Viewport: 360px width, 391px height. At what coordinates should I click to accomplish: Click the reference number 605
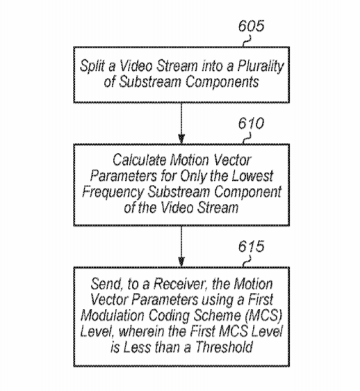click(251, 26)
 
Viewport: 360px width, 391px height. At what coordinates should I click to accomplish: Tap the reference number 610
click(251, 123)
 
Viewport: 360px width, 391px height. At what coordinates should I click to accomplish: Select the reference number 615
click(251, 246)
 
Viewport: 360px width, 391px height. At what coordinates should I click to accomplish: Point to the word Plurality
click(261, 66)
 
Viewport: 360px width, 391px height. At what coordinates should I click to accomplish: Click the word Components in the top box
click(222, 82)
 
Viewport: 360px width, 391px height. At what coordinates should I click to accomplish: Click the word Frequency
click(113, 192)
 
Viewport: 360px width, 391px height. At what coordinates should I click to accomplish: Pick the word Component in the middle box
click(247, 192)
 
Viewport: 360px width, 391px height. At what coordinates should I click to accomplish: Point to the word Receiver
click(181, 285)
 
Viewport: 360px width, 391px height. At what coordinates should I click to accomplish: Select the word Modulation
click(113, 315)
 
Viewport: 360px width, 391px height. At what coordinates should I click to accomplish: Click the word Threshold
click(224, 347)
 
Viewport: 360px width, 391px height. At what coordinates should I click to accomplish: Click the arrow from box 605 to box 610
click(181, 123)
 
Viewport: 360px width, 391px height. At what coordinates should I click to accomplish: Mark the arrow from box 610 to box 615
click(181, 246)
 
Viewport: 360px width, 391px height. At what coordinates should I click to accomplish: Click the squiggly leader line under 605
click(247, 41)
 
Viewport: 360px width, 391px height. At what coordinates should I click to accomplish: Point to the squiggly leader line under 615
click(247, 262)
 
